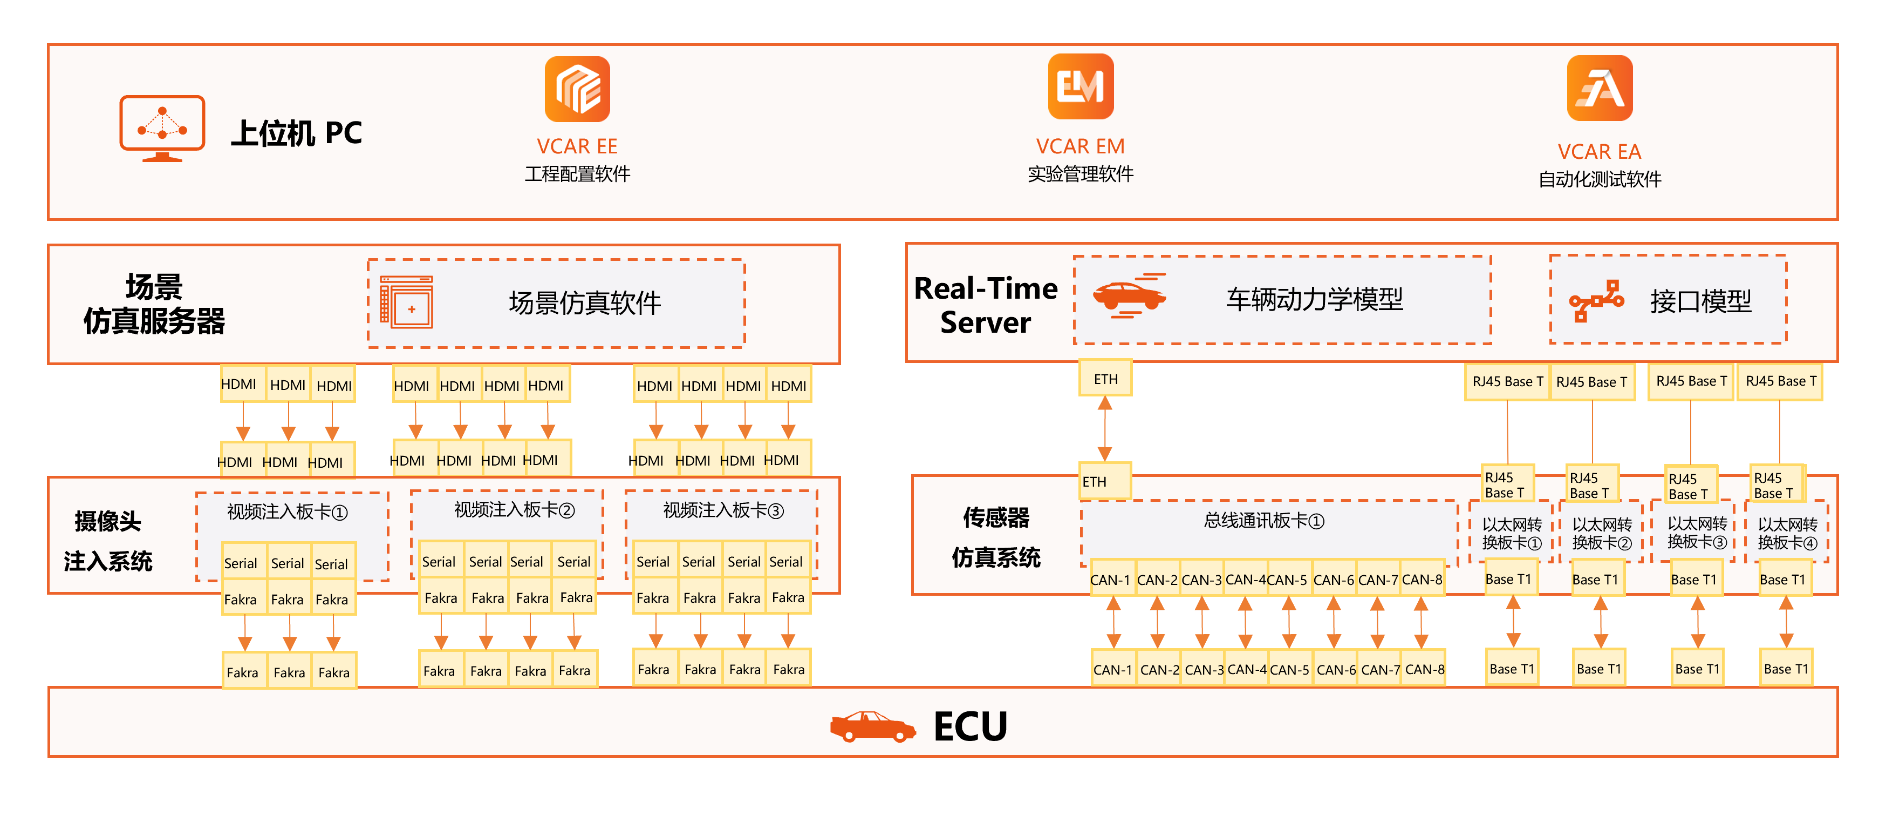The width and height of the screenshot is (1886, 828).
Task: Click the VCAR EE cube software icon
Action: click(x=577, y=89)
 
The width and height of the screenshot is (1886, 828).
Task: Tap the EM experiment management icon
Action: click(x=1080, y=86)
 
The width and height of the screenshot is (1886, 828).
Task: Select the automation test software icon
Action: click(x=1599, y=89)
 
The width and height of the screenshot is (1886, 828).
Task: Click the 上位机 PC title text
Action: click(x=297, y=133)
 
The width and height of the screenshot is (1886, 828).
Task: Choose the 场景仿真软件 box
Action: click(x=556, y=302)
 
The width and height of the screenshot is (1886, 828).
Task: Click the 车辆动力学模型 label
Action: click(x=1314, y=299)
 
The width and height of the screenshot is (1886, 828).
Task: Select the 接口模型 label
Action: click(x=1700, y=300)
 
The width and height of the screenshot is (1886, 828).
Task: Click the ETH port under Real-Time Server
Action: click(x=1105, y=379)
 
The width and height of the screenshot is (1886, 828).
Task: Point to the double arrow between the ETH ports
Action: click(x=1105, y=429)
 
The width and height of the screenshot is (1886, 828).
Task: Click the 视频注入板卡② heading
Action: click(x=514, y=510)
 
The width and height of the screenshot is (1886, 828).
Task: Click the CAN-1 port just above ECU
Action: click(x=1112, y=669)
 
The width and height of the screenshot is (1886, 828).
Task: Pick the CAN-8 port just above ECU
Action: click(x=1424, y=669)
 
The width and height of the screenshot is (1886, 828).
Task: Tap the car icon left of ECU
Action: click(x=872, y=726)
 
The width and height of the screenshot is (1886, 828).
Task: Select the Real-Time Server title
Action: click(x=986, y=305)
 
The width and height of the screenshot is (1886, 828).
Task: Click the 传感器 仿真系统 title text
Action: click(x=996, y=537)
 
